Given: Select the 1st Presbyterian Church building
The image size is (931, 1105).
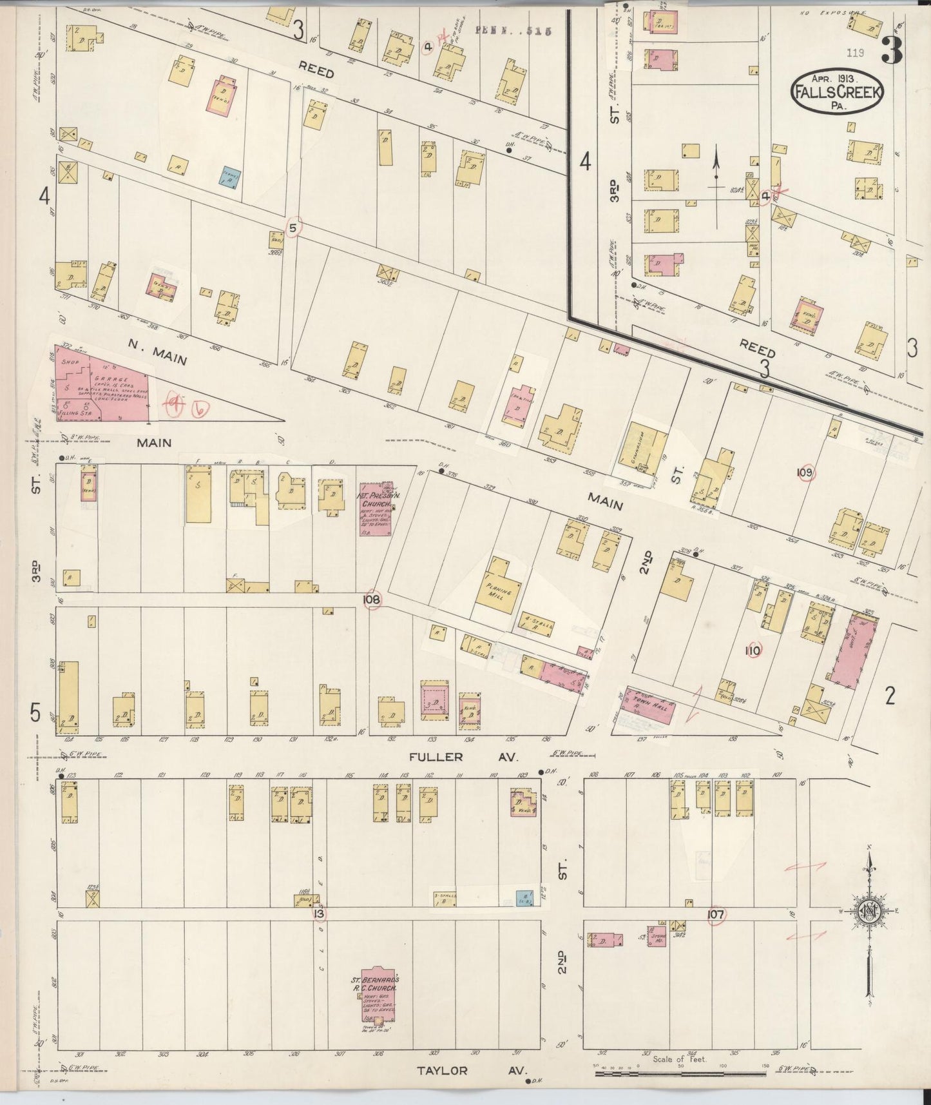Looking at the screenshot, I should coord(376,508).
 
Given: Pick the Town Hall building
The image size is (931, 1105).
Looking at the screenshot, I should coord(648,707).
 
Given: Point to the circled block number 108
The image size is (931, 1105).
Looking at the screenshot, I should coord(372,600).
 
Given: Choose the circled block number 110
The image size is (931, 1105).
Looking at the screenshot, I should coord(752,651).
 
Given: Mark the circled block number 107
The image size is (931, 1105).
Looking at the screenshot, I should coord(715,914).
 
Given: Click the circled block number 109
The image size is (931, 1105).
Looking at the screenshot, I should coord(805,473).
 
